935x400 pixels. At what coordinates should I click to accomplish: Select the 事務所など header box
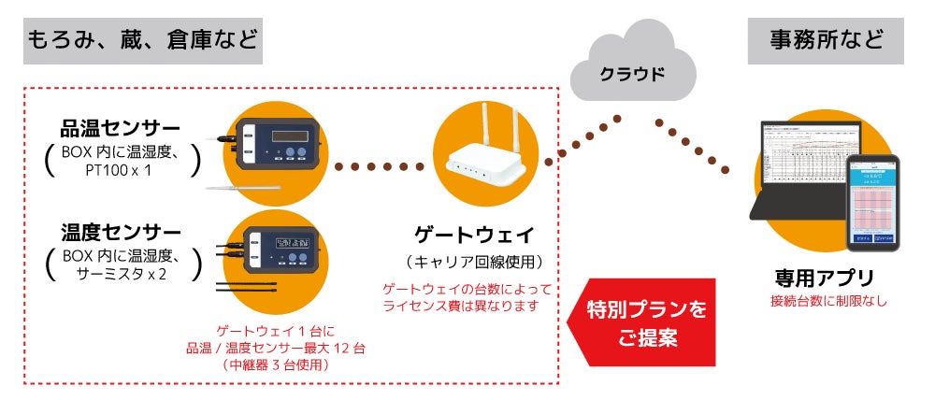[825, 41]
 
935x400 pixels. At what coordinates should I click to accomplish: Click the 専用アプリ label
[824, 278]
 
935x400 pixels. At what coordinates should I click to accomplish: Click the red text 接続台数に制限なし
[824, 301]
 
